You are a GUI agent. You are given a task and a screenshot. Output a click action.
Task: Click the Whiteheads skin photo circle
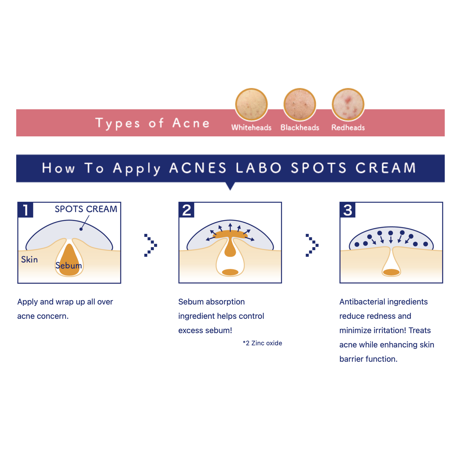(251, 104)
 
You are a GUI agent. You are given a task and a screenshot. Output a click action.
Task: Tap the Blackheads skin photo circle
(300, 104)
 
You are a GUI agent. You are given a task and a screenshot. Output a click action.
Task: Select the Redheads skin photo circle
(348, 104)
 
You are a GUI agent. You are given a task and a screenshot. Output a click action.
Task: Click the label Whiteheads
(251, 127)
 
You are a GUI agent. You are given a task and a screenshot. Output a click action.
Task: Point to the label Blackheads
(300, 127)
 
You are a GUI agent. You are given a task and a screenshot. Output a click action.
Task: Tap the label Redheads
(348, 127)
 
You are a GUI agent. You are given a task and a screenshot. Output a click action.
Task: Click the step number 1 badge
(25, 210)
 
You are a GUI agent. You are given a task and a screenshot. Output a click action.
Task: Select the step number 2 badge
(186, 210)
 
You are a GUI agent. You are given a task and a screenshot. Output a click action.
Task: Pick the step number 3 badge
(348, 210)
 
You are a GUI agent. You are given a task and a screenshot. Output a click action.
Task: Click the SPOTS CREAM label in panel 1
(86, 209)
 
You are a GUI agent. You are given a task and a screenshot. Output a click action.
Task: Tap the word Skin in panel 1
(29, 260)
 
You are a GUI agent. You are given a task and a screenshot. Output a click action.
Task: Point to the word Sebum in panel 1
(69, 265)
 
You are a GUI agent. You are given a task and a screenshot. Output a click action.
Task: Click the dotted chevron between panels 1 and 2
(151, 245)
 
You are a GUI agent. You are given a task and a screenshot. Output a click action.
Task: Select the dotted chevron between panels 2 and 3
(312, 245)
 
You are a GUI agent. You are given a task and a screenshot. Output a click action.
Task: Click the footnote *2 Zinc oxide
(262, 343)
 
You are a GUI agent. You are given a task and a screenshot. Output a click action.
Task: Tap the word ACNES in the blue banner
(198, 168)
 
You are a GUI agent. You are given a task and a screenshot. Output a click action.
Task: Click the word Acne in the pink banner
(191, 123)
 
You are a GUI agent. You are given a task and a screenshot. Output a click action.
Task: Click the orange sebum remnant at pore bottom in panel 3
(391, 272)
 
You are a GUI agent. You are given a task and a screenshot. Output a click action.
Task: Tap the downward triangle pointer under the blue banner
(230, 186)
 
